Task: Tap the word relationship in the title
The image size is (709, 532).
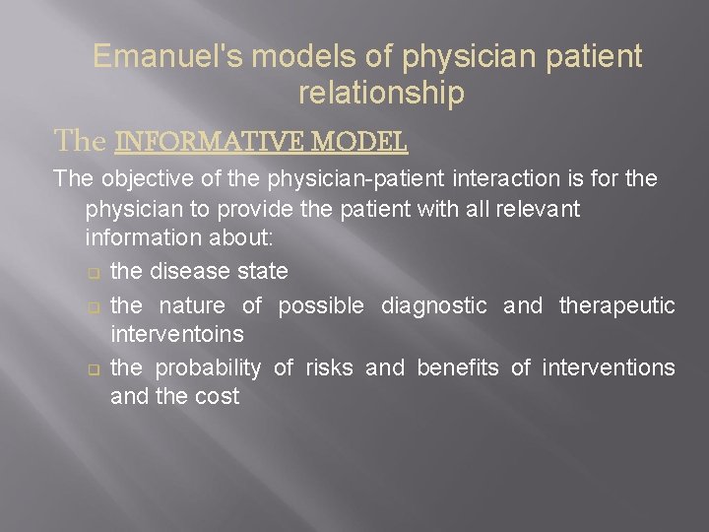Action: click(380, 94)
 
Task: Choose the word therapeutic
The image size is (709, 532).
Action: click(617, 306)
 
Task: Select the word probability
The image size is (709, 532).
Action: click(208, 368)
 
